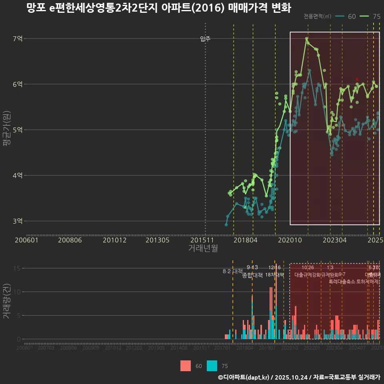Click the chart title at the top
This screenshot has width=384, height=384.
click(x=158, y=8)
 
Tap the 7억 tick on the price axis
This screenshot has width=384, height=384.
click(x=18, y=39)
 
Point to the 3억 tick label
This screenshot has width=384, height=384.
click(x=18, y=221)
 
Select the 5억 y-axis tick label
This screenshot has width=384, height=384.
click(x=18, y=130)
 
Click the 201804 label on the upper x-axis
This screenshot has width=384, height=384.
click(x=245, y=240)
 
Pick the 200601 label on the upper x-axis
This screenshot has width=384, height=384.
click(x=26, y=240)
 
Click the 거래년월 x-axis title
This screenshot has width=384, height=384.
click(x=203, y=248)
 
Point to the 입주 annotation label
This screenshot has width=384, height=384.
click(x=205, y=39)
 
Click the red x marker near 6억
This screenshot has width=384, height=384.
click(x=357, y=80)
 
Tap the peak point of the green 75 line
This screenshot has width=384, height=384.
click(x=306, y=39)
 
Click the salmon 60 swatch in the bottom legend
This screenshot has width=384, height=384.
click(x=186, y=366)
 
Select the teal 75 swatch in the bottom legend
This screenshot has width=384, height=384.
click(x=212, y=366)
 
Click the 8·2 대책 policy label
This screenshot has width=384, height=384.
click(x=233, y=271)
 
